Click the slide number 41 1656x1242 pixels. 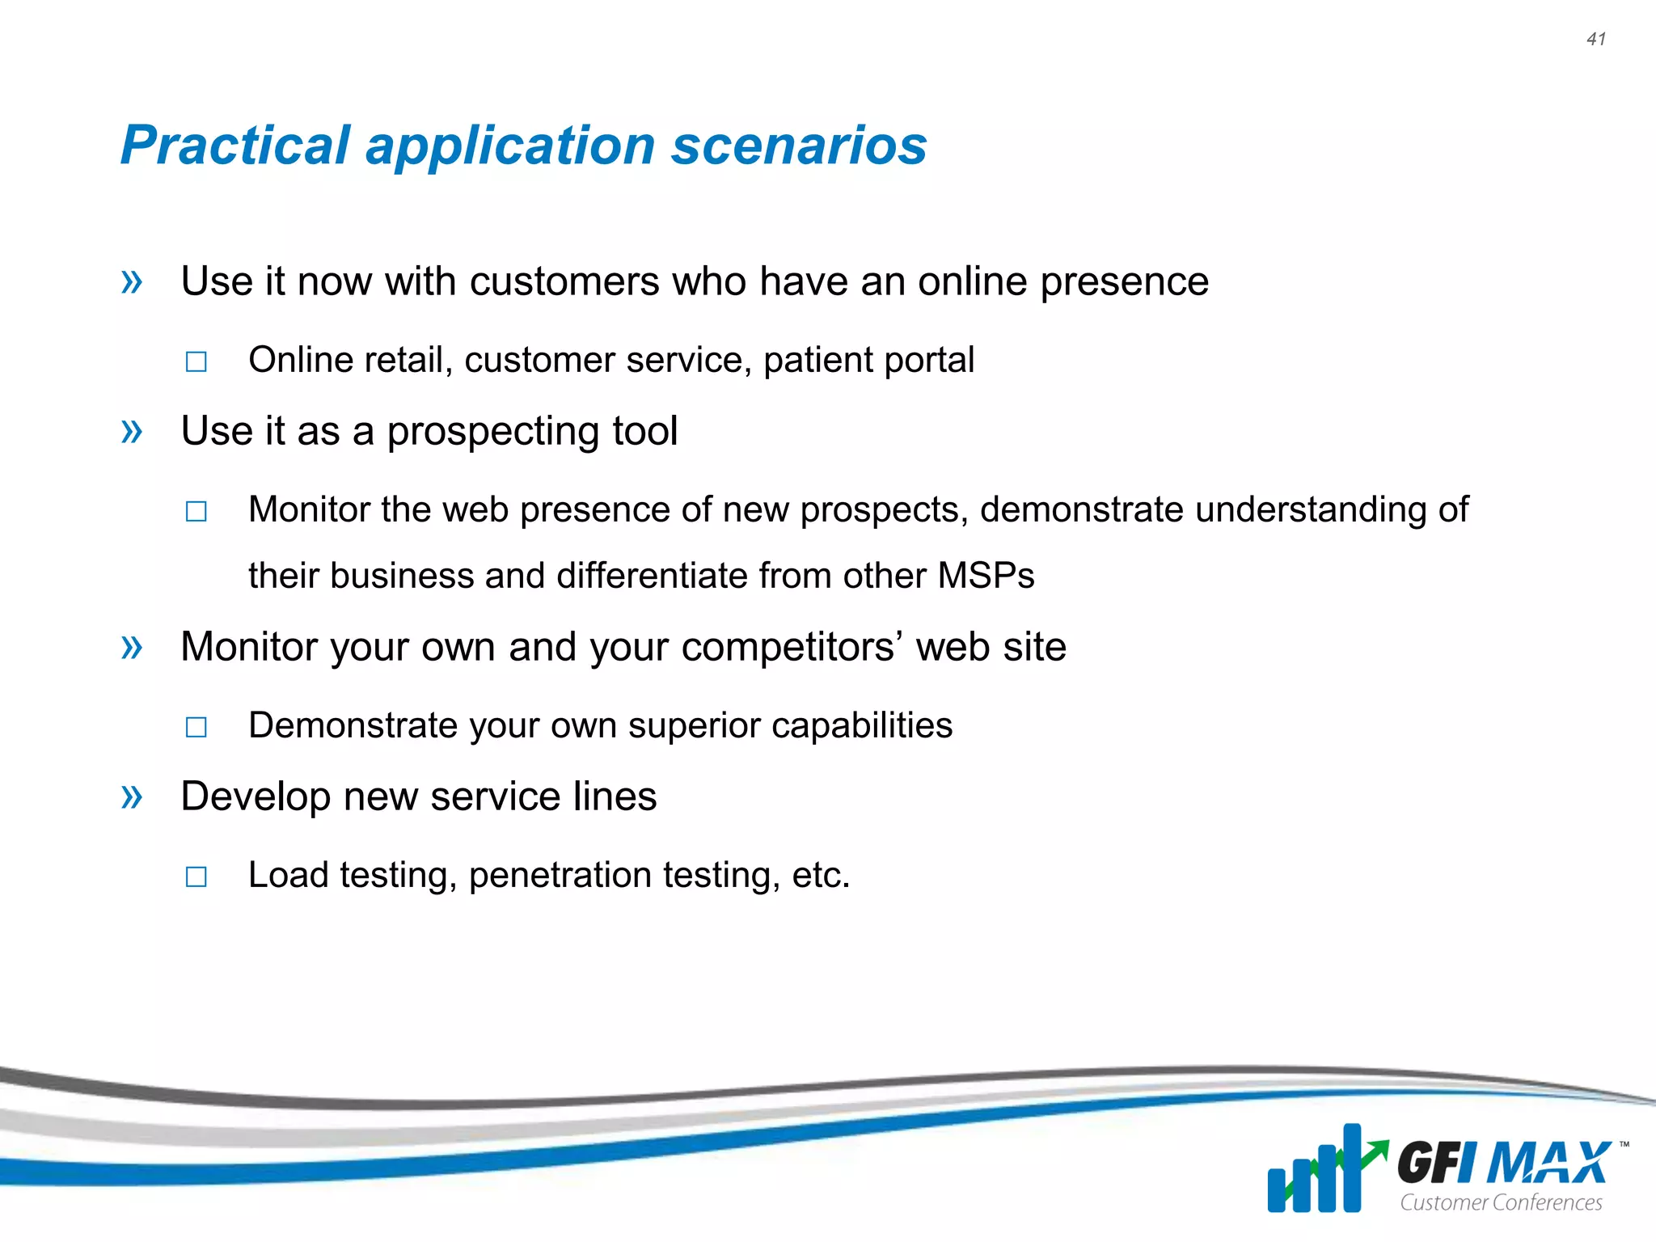[1595, 39]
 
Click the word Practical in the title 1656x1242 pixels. [234, 146]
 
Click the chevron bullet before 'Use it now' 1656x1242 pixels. [132, 282]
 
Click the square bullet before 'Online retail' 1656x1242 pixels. [196, 361]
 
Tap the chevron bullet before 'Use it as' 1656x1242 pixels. [132, 432]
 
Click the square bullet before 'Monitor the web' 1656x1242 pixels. [196, 511]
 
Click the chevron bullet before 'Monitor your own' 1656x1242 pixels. [132, 647]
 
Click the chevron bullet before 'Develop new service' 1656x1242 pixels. [132, 797]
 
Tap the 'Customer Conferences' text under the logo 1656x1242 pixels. [1501, 1202]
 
